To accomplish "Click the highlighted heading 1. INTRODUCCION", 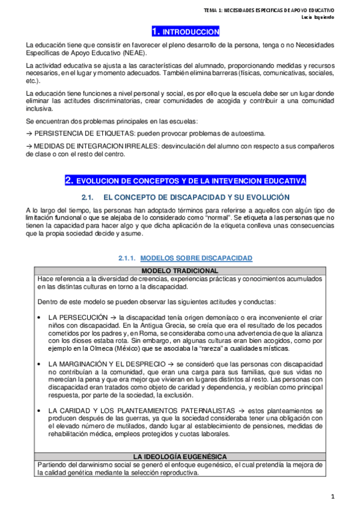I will [185, 31].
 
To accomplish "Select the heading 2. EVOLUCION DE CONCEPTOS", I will [186, 180].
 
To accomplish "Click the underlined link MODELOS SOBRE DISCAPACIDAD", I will [196, 258].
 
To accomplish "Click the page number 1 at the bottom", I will [348, 496].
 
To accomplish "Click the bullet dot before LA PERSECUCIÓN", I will [39, 316].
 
